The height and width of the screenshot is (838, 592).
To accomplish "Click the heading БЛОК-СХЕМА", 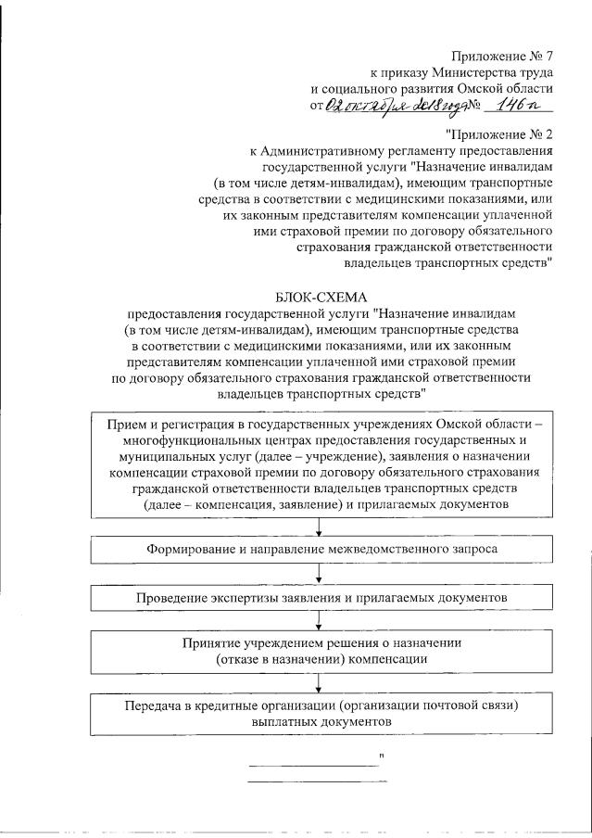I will pyautogui.click(x=320, y=296).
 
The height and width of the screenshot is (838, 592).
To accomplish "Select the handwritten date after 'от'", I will pyautogui.click(x=390, y=107).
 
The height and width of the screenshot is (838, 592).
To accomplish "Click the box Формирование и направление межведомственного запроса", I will pyautogui.click(x=321, y=550).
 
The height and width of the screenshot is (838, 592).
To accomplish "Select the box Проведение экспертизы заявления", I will pyautogui.click(x=321, y=599).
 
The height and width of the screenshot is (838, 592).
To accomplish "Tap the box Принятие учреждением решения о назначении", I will pyautogui.click(x=321, y=652).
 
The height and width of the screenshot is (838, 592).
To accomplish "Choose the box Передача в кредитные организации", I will pyautogui.click(x=321, y=712).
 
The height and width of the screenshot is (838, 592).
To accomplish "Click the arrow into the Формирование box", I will pyautogui.click(x=321, y=528).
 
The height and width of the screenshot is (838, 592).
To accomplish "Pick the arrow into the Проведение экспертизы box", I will pyautogui.click(x=321, y=578).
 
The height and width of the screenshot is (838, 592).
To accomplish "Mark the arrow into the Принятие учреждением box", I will pyautogui.click(x=321, y=626).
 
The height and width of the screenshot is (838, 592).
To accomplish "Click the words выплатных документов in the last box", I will pyautogui.click(x=321, y=720).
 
